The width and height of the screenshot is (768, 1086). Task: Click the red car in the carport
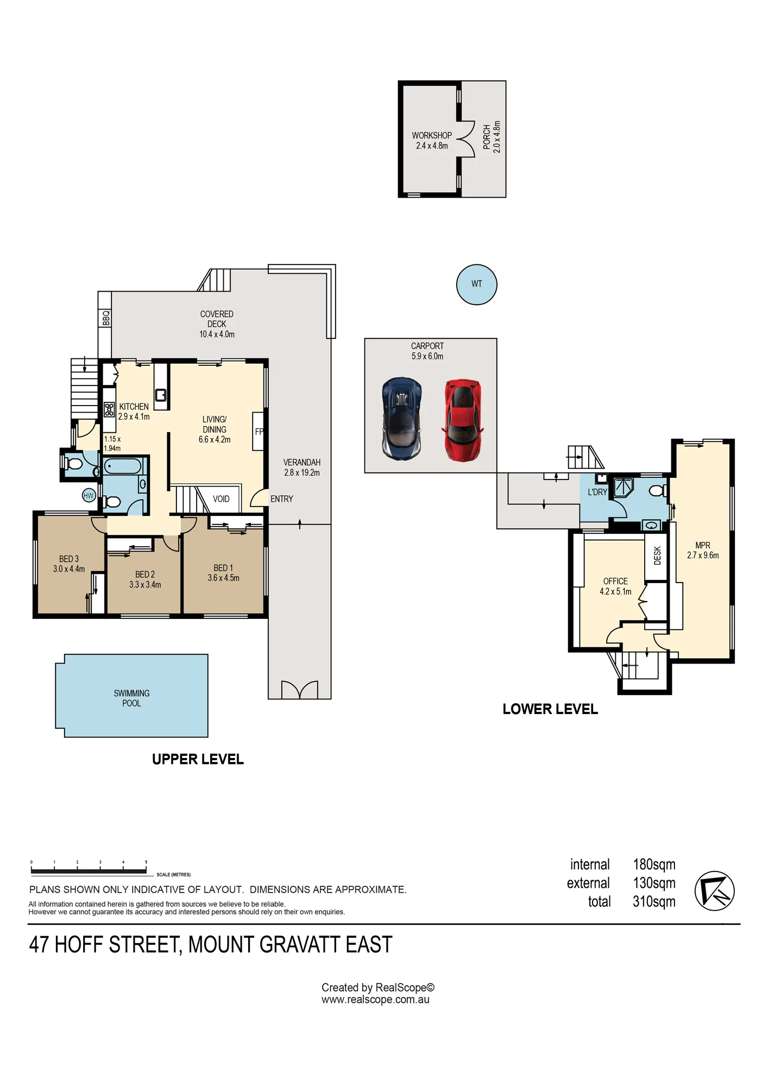(x=463, y=420)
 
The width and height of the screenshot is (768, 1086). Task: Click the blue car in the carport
(x=402, y=419)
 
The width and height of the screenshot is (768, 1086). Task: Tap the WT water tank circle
(x=477, y=285)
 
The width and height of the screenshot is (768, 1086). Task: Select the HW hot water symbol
(x=89, y=495)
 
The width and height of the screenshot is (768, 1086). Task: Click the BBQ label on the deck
(x=106, y=318)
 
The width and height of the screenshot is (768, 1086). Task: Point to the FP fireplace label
(x=259, y=432)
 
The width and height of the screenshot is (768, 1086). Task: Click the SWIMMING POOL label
(x=131, y=698)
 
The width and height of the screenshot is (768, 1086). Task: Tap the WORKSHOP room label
(x=432, y=135)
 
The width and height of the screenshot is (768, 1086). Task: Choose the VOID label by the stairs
(x=221, y=499)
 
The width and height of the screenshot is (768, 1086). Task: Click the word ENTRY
(x=282, y=499)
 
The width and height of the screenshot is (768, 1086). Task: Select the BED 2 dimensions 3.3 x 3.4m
(x=145, y=585)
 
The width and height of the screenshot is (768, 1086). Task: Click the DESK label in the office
(x=658, y=555)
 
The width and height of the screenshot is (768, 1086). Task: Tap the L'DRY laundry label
(x=597, y=492)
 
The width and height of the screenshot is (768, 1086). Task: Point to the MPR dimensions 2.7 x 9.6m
(x=703, y=555)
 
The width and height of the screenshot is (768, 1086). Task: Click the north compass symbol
(x=715, y=891)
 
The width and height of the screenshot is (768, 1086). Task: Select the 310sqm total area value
(x=654, y=902)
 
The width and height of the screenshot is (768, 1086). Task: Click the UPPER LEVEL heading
(x=198, y=759)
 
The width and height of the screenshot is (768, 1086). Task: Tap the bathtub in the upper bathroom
(x=123, y=466)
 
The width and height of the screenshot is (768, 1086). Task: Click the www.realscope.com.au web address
(x=375, y=1000)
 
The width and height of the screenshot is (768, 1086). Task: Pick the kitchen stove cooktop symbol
(x=109, y=409)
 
